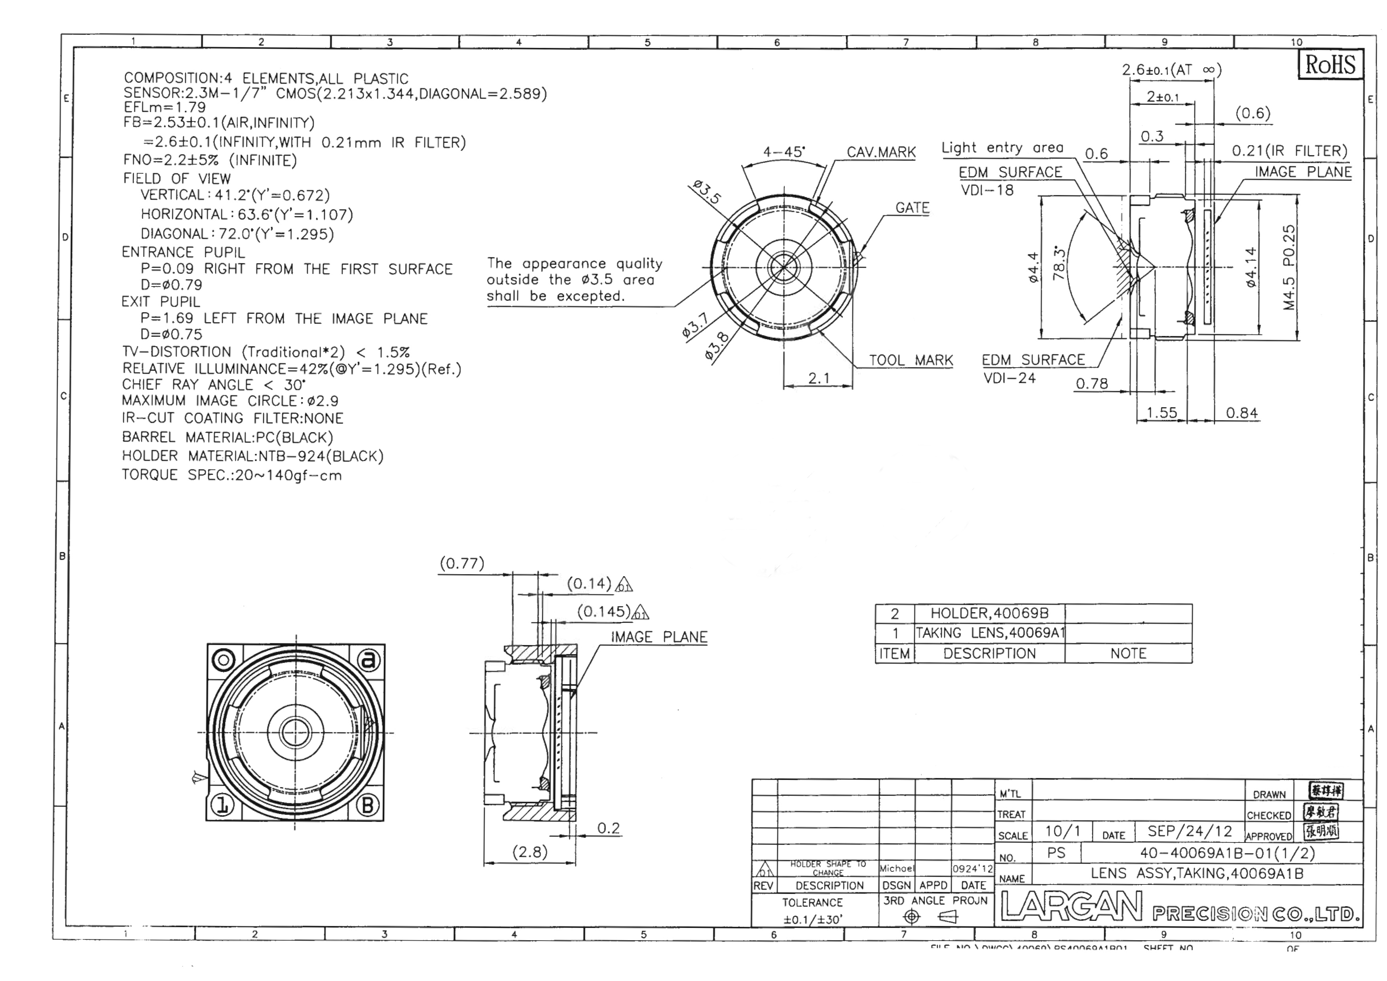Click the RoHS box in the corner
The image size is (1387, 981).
1330,65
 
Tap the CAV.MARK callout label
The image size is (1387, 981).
881,152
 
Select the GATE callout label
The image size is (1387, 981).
912,208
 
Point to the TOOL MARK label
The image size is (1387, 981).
911,361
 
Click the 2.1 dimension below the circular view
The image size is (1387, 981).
818,379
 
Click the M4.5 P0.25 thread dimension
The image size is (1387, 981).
1289,267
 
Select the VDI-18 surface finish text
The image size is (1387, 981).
987,190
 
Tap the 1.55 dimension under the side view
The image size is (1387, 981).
1161,413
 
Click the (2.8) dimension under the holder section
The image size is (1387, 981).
530,852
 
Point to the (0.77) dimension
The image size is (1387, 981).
461,564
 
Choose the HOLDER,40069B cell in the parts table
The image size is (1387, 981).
989,614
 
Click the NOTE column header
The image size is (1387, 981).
1128,654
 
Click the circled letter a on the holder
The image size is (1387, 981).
368,660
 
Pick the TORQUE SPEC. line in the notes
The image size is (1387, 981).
231,475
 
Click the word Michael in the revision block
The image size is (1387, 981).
896,869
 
